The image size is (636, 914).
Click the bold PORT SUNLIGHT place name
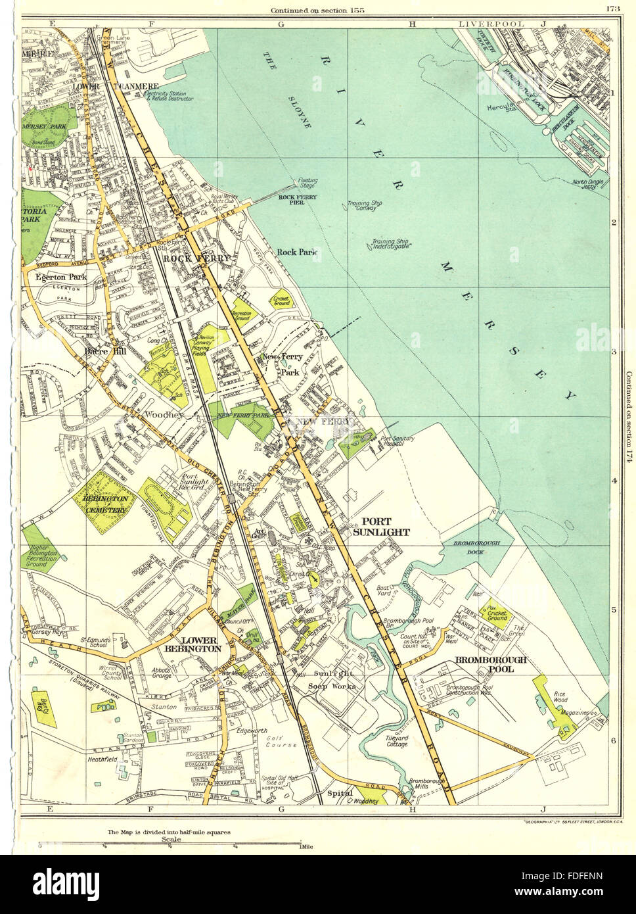(382, 526)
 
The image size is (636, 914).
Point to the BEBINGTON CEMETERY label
(104, 504)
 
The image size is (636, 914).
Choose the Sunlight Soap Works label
(334, 681)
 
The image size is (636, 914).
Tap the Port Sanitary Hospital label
(403, 443)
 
